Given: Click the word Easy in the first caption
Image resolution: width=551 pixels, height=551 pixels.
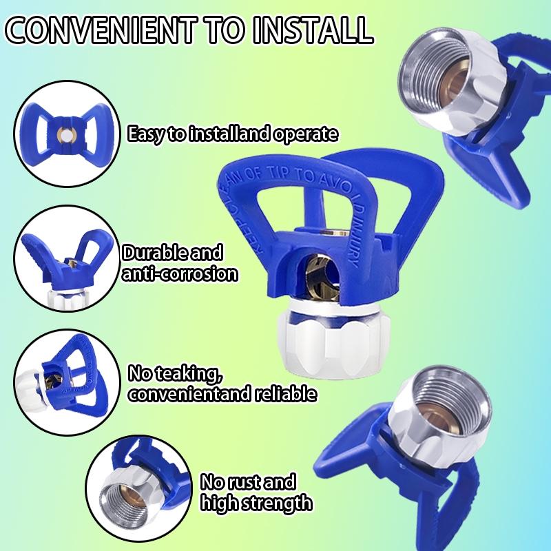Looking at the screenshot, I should point(147,134).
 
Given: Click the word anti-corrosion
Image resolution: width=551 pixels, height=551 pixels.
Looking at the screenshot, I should point(180,273).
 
